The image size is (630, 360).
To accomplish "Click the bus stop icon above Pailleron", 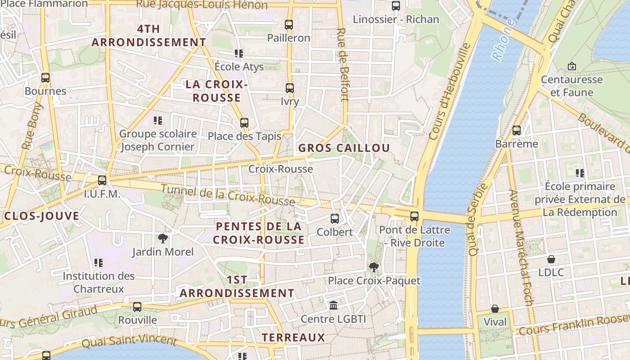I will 289,25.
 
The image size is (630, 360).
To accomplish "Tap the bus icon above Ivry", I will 290,88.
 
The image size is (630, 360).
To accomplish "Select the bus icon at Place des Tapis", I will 244,123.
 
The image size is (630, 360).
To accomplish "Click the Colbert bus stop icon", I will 335,219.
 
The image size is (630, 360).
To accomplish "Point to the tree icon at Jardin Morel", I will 162,238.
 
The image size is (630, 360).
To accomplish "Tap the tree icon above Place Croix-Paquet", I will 373,267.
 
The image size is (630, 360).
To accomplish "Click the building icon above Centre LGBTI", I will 333,306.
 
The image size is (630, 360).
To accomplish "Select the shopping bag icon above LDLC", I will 551,259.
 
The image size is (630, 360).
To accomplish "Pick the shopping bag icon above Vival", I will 495,309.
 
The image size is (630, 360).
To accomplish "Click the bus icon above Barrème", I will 517,130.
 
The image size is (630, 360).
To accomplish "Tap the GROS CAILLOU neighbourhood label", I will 344,148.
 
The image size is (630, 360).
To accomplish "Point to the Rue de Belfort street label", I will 343,65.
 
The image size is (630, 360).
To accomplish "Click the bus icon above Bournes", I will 45,78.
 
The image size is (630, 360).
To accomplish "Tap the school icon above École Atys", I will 239,54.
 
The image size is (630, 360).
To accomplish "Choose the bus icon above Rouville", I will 137,307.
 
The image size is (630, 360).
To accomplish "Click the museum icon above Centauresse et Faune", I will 572,66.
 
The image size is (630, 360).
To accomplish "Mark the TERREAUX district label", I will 293,337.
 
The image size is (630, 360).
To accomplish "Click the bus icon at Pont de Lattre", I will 414,216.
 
